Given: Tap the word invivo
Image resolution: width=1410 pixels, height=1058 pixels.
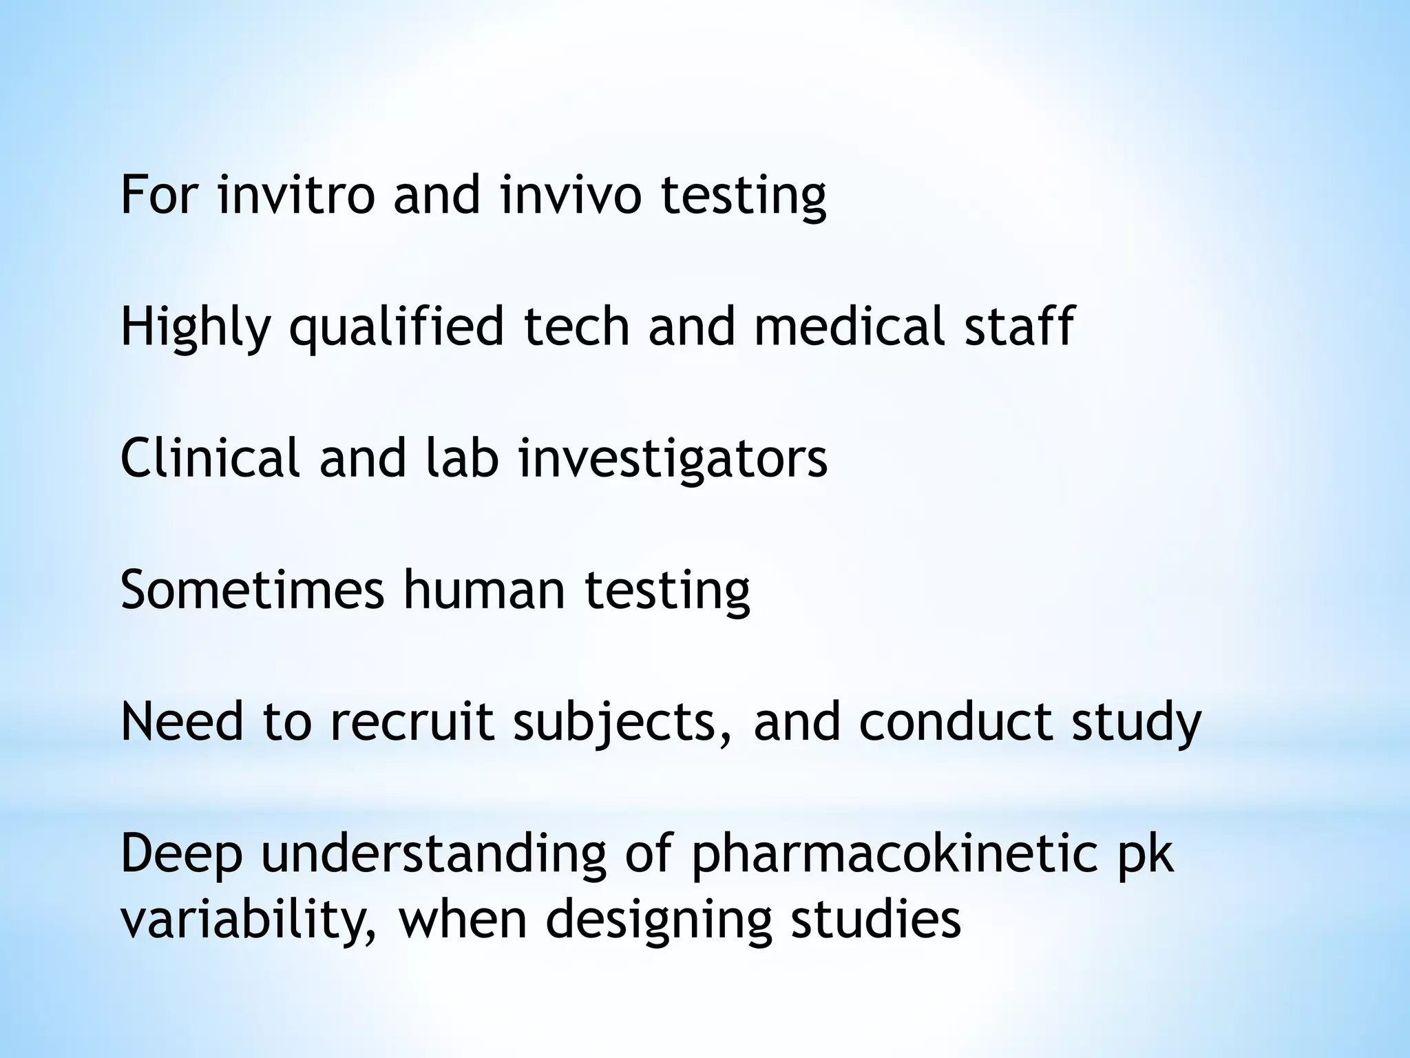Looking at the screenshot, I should point(571,194).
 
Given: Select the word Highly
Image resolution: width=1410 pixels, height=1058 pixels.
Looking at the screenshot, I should point(196,326).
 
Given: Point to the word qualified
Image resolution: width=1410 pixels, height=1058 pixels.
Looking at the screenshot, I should point(397,326).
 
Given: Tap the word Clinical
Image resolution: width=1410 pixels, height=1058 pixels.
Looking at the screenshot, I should point(210,457).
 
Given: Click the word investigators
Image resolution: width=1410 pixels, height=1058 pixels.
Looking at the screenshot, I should point(673,459).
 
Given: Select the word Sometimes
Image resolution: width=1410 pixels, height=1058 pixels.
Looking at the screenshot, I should point(253,590).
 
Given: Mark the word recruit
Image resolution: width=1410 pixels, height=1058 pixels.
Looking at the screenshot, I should point(412,722).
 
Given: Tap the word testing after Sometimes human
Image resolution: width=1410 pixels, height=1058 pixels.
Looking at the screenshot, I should point(667,591).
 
